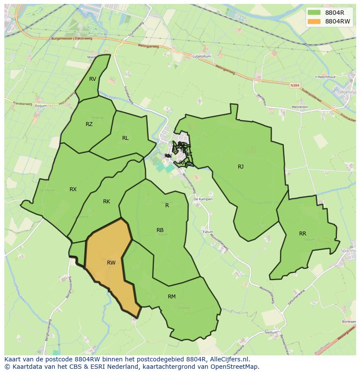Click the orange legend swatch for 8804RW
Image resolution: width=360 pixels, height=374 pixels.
coord(313,21)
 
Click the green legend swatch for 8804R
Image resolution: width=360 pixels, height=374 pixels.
coord(313,12)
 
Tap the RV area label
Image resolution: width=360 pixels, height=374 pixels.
coord(93,79)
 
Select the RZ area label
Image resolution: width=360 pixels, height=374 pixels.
coord(89,124)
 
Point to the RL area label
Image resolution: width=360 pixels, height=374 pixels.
coord(125,138)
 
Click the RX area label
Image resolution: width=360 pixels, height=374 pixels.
coord(73,189)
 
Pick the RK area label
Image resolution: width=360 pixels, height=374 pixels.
coord(107,202)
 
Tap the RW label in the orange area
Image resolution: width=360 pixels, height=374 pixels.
coord(111,263)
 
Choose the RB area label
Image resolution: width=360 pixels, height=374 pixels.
coord(160,230)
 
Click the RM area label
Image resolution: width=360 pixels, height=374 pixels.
coord(172,297)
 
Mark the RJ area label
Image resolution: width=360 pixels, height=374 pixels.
coord(240,167)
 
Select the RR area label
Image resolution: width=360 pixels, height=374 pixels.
coord(303,234)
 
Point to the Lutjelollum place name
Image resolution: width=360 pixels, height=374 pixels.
coord(202,56)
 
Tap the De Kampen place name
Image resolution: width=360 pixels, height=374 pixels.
coord(203,199)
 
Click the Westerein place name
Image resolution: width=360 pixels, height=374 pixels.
coord(300,107)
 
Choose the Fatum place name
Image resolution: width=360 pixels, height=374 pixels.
coord(208,232)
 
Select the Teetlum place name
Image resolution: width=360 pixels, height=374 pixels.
coord(271,332)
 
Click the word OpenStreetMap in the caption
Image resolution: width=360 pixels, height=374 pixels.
coord(237,367)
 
